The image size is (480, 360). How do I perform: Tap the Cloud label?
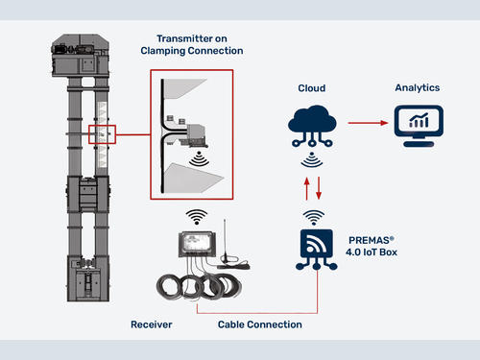tap(312, 88)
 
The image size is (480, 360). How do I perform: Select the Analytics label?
tap(418, 87)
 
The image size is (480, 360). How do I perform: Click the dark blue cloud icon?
tap(312, 126)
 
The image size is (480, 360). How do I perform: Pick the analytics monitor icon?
tap(419, 126)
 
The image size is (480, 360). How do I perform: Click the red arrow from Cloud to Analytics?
tap(368, 123)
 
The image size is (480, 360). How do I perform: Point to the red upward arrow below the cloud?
tap(306, 189)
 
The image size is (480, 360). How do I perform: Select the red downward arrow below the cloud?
tap(319, 188)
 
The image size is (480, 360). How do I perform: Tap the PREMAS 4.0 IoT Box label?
tap(372, 246)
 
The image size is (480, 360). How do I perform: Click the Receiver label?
tap(152, 324)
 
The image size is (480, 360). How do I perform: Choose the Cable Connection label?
tap(260, 324)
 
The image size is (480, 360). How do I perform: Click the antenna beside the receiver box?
tap(225, 243)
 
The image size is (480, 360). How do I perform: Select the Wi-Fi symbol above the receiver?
tap(197, 217)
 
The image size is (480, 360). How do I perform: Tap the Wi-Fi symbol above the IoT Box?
tap(314, 217)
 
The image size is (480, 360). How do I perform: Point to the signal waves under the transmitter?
tap(199, 158)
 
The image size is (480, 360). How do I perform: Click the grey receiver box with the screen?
tap(197, 244)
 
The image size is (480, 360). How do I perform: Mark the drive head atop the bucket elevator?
tap(81, 56)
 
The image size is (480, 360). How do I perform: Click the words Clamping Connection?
tap(192, 51)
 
